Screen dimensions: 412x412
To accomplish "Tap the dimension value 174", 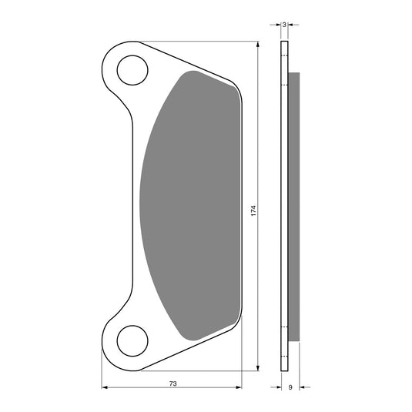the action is click(x=253, y=211).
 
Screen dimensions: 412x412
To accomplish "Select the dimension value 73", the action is click(x=173, y=384).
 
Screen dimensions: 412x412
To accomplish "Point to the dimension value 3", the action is click(x=284, y=25).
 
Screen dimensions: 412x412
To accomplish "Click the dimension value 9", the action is click(x=290, y=387).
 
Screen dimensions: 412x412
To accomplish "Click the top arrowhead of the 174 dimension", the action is click(x=258, y=44).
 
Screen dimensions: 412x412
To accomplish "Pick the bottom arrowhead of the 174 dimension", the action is click(x=258, y=368).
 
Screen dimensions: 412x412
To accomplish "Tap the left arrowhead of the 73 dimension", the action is click(x=105, y=387).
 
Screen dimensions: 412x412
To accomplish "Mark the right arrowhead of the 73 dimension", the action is click(x=239, y=387).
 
